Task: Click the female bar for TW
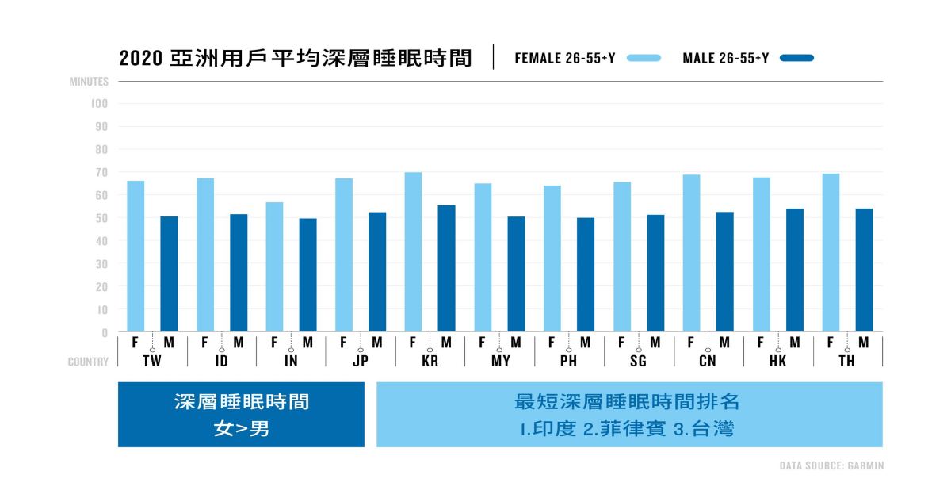click(x=136, y=256)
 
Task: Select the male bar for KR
click(x=447, y=268)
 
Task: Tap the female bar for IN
click(x=274, y=267)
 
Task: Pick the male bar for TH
click(x=864, y=270)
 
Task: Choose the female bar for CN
click(x=691, y=253)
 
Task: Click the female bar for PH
click(x=552, y=259)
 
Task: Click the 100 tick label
click(x=98, y=103)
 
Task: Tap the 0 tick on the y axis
click(x=104, y=333)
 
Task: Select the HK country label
click(x=777, y=362)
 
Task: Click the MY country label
click(x=500, y=362)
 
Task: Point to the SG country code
click(x=638, y=362)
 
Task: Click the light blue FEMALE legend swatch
click(x=644, y=58)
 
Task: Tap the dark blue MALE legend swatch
click(x=796, y=58)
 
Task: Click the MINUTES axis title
click(x=88, y=82)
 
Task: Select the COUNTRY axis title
click(x=88, y=362)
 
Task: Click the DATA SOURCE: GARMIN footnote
click(x=831, y=466)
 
